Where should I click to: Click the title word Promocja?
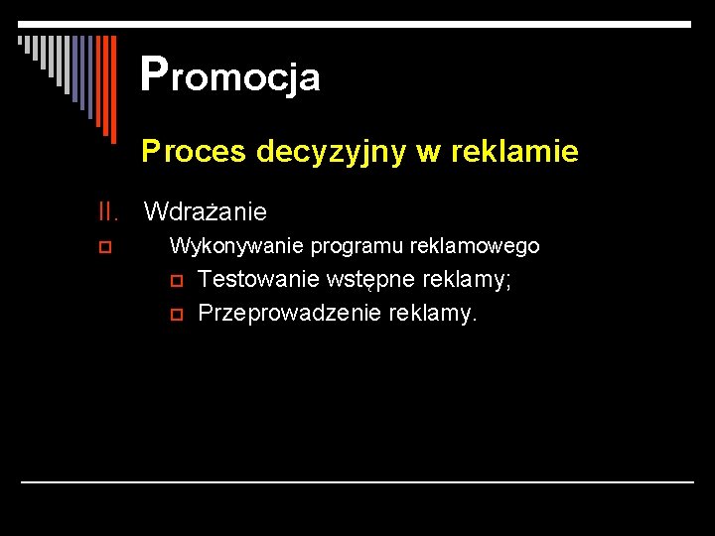tap(230, 75)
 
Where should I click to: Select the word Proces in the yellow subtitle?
tap(194, 152)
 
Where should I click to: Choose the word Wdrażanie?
tap(206, 211)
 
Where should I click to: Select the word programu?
tap(344, 245)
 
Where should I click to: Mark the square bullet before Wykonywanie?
tap(104, 245)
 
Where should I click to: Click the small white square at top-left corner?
tap(20, 41)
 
